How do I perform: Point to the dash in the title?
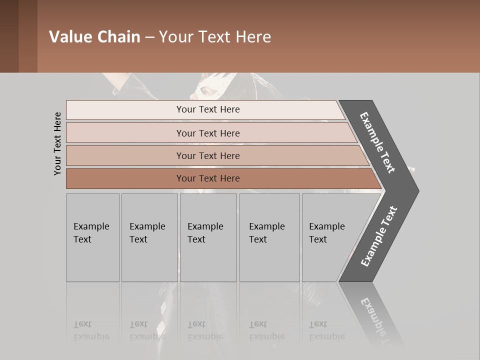tap(149, 37)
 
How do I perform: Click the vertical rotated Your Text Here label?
tap(57, 143)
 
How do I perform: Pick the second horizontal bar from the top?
tap(207, 133)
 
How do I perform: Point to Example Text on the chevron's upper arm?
tap(377, 142)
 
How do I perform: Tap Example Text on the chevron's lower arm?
tap(379, 236)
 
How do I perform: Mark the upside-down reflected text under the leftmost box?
tap(91, 330)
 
